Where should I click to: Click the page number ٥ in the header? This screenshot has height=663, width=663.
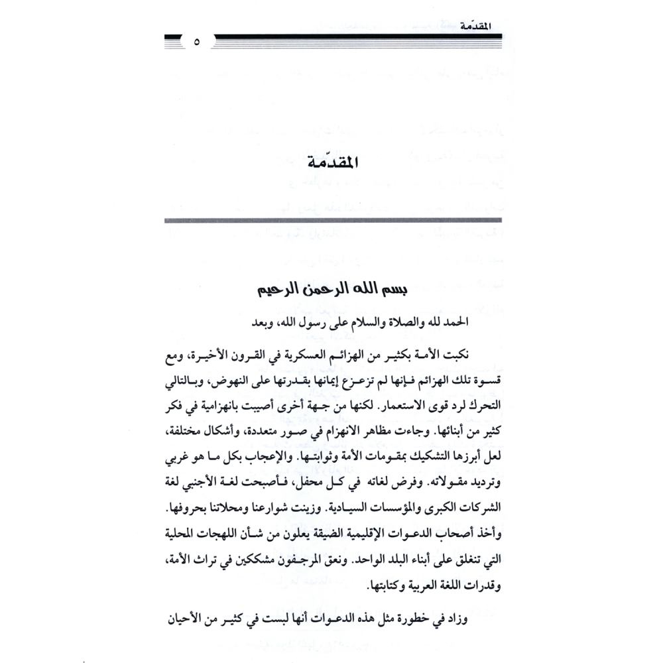[197, 43]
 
